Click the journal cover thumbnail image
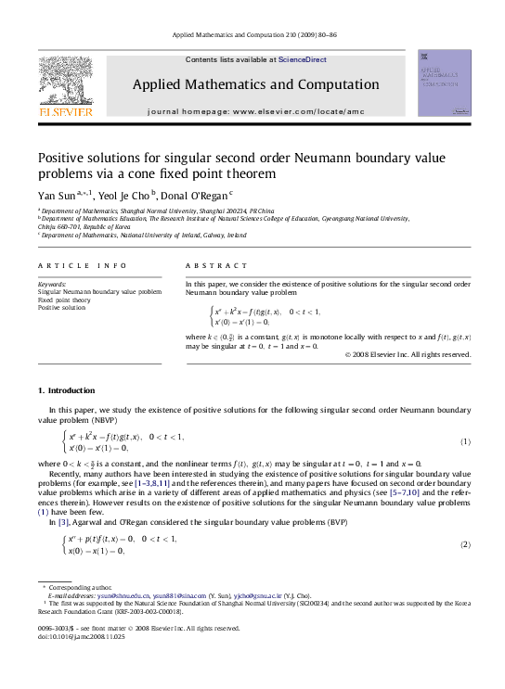[x=444, y=83]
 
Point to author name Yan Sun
[x=54, y=197]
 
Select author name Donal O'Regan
[x=196, y=197]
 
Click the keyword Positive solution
[x=61, y=308]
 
